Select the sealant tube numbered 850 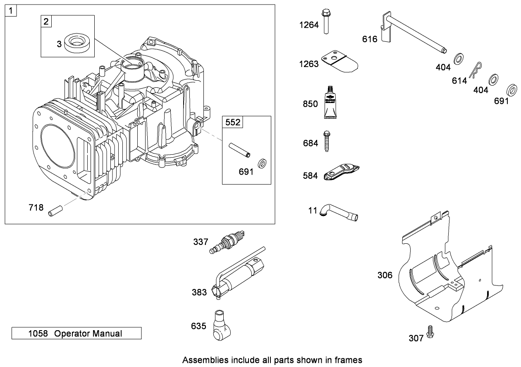pyautogui.click(x=330, y=103)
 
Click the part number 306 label pyautogui.click(x=385, y=275)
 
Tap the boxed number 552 pyautogui.click(x=232, y=122)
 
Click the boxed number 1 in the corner pyautogui.click(x=10, y=10)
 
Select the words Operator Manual pyautogui.click(x=88, y=333)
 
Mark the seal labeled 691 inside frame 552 pyautogui.click(x=261, y=163)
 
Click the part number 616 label pyautogui.click(x=369, y=39)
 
